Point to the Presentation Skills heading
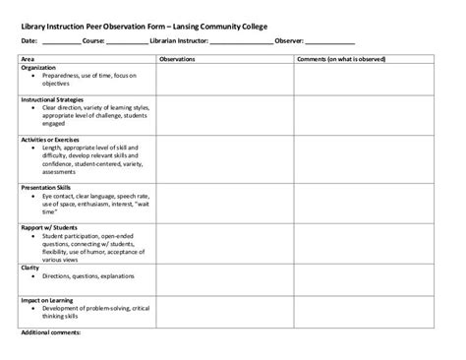(48, 186)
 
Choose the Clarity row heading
(30, 267)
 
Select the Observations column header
(177, 60)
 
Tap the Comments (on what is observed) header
(339, 60)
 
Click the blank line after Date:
(61, 42)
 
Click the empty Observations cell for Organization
(224, 79)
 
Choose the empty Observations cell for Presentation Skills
(224, 201)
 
